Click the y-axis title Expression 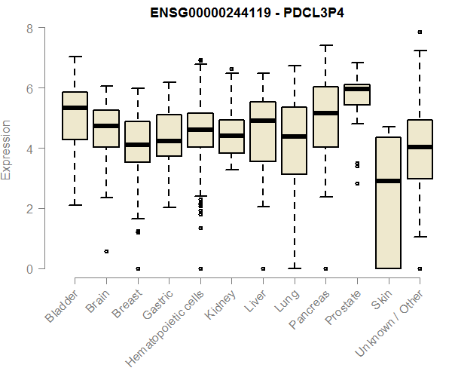pos(7,149)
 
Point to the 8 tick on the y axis pos(29,29)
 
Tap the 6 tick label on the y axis pos(29,88)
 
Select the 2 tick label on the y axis pos(29,209)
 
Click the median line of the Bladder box pos(75,108)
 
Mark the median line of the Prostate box pos(356,89)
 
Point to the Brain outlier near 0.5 pos(106,251)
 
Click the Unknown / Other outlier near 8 pos(420,32)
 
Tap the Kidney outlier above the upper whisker pos(231,69)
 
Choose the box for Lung pos(294,141)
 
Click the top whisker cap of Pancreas pos(325,45)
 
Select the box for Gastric pos(169,136)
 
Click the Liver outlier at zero pos(263,268)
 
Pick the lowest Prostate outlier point pos(357,183)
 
